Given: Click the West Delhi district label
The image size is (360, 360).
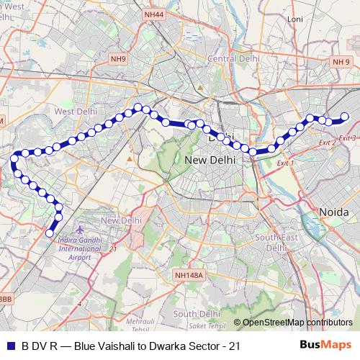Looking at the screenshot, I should click(x=74, y=112).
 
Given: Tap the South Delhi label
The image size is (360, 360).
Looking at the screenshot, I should click(x=195, y=313).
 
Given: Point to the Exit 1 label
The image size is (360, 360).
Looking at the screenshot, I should click(x=286, y=163).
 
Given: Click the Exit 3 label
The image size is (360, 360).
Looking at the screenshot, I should click(x=347, y=138).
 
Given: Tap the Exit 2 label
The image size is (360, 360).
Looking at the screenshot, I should click(x=326, y=143).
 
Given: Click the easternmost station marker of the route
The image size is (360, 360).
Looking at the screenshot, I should click(x=344, y=117).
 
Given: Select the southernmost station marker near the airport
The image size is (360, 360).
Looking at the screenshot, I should click(x=50, y=233).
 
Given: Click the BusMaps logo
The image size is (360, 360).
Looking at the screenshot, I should click(x=325, y=346).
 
